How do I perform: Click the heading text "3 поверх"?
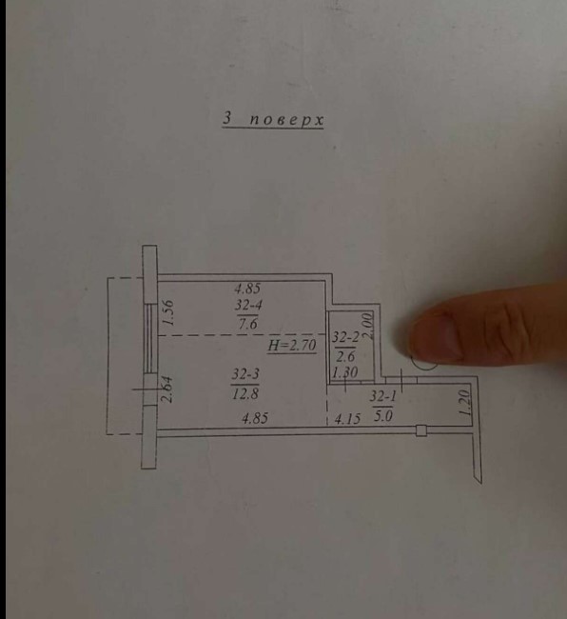(273, 119)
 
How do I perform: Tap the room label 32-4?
(249, 305)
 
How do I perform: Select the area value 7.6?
(247, 324)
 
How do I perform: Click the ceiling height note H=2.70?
(292, 346)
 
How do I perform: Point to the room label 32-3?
(245, 374)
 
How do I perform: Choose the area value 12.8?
(245, 393)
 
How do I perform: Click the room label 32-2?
(345, 337)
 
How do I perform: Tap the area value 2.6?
(345, 356)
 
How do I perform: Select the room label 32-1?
(382, 396)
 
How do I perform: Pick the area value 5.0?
(382, 415)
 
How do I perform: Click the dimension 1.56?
(168, 312)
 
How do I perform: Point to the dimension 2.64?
(168, 389)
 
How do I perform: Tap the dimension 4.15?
(347, 419)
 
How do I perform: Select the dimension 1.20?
(465, 403)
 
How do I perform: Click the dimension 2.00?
(367, 326)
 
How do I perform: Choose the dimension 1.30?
(344, 372)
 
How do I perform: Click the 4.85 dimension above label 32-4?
(247, 289)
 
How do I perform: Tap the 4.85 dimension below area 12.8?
(255, 418)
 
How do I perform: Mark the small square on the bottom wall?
(421, 430)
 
